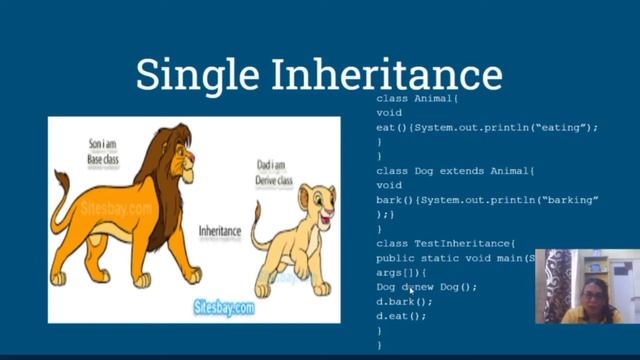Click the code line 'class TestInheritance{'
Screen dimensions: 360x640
(445, 243)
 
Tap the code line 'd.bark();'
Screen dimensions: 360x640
(404, 301)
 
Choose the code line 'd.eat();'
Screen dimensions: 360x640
(401, 316)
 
